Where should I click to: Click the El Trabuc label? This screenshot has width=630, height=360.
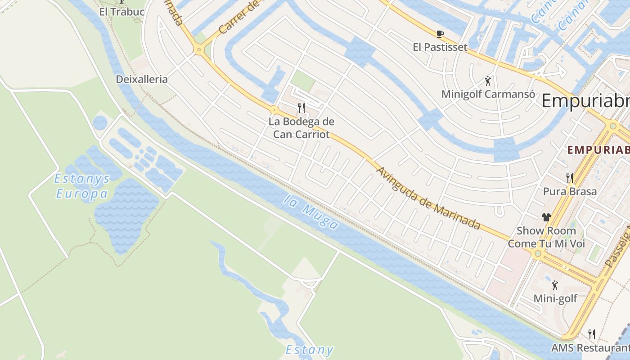pyautogui.click(x=121, y=12)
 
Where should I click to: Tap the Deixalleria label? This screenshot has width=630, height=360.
pyautogui.click(x=142, y=79)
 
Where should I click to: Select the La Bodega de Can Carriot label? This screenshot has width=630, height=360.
pyautogui.click(x=301, y=128)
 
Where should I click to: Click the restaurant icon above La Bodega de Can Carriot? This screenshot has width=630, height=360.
pyautogui.click(x=301, y=108)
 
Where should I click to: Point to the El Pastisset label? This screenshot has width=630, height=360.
pyautogui.click(x=440, y=47)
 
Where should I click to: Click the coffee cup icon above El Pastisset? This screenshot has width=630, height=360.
pyautogui.click(x=440, y=34)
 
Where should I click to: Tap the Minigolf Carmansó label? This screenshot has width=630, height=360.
pyautogui.click(x=488, y=94)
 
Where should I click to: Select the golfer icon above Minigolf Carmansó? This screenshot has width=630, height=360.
pyautogui.click(x=488, y=81)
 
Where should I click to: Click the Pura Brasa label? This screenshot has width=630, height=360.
pyautogui.click(x=570, y=191)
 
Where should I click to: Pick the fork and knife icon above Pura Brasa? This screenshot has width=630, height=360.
pyautogui.click(x=570, y=178)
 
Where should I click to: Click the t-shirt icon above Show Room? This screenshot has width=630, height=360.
pyautogui.click(x=546, y=217)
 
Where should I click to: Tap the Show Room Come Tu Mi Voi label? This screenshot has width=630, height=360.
pyautogui.click(x=546, y=237)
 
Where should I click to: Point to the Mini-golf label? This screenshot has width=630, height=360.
pyautogui.click(x=555, y=298)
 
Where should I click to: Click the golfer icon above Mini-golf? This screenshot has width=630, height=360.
pyautogui.click(x=555, y=285)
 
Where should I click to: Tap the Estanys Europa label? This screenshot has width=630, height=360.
pyautogui.click(x=82, y=186)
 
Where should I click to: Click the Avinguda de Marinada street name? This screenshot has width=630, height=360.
pyautogui.click(x=428, y=198)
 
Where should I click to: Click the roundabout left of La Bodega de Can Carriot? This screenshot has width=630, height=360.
pyautogui.click(x=274, y=109)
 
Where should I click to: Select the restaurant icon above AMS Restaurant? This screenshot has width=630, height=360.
pyautogui.click(x=592, y=334)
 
